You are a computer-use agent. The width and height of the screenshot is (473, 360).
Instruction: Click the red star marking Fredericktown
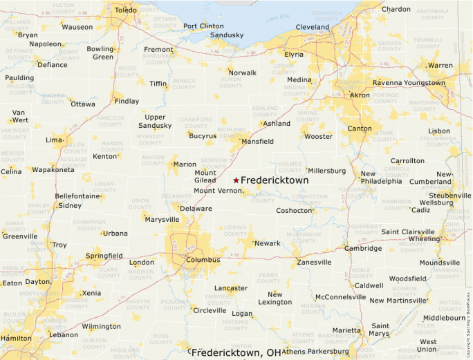tap(236, 180)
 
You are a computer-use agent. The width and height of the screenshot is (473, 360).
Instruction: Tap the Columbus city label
tap(203, 260)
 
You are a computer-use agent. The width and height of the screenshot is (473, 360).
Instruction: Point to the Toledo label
tap(126, 10)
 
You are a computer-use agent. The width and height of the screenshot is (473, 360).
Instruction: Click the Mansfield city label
tap(257, 142)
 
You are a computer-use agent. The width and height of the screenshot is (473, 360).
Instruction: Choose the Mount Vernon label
tap(218, 191)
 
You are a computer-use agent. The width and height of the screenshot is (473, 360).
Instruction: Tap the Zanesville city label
tap(314, 263)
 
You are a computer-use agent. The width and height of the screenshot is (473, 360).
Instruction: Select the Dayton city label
tap(37, 282)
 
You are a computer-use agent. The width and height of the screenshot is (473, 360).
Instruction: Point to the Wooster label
tap(319, 136)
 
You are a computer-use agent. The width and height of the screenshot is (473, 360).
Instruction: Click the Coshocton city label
tap(295, 211)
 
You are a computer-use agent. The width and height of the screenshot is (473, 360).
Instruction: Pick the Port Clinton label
tap(203, 26)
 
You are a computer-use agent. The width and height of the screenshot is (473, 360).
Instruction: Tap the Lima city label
tap(54, 140)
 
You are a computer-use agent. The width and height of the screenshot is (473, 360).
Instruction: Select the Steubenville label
tap(449, 196)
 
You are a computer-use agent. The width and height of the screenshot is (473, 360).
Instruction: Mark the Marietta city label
tap(346, 330)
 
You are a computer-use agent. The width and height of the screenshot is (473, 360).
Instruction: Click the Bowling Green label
tap(100, 53)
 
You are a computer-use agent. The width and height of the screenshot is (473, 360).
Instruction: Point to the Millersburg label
tap(327, 171)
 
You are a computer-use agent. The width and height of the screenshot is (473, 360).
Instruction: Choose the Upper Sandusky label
tap(155, 122)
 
